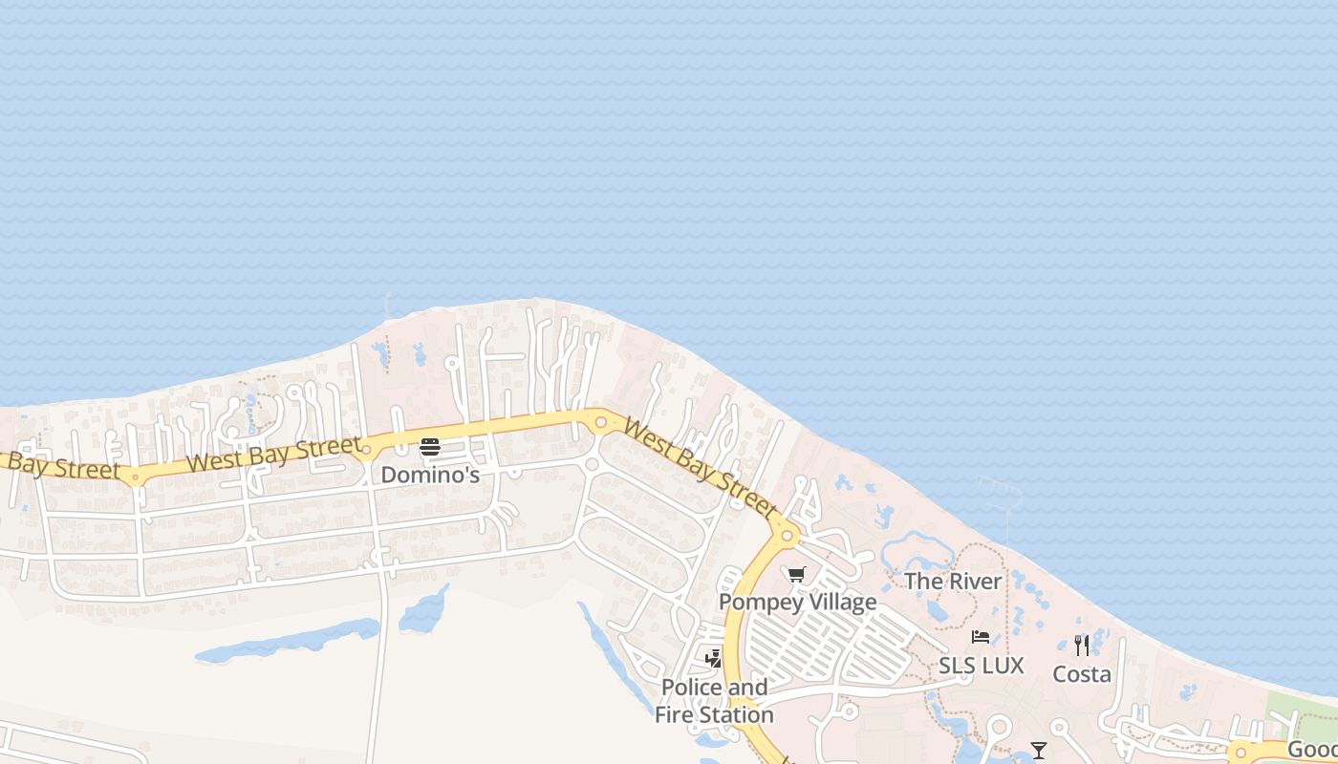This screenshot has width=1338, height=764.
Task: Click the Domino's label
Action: coord(430,474)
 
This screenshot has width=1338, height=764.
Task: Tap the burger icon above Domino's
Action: coord(430,447)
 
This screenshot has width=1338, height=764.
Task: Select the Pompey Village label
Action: coord(797,602)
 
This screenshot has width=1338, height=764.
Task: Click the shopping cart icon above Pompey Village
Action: coord(797,575)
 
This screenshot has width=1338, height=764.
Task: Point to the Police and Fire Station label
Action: coord(715,701)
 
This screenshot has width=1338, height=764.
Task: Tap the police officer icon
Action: coord(713,658)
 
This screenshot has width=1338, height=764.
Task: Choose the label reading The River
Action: coord(953,581)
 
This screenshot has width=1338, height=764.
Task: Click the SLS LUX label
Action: coord(981,666)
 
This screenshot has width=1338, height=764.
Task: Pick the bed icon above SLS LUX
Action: coord(981,637)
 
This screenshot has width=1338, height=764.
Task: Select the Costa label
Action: coord(1082,674)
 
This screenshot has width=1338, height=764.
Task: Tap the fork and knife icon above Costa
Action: coord(1082,646)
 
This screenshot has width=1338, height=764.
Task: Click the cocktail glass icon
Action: coord(1039,751)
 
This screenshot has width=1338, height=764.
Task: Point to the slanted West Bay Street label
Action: coord(699,468)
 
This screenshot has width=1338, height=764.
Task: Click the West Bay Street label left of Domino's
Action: coord(274,454)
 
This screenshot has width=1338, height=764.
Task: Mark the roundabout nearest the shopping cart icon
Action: coord(787,537)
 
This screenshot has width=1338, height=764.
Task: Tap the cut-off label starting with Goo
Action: coord(1311,750)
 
